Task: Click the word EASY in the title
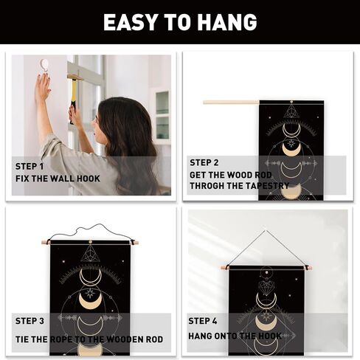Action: pyautogui.click(x=130, y=22)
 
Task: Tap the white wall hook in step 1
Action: pyautogui.click(x=45, y=65)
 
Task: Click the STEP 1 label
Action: pyautogui.click(x=30, y=167)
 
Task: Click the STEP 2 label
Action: pyautogui.click(x=204, y=162)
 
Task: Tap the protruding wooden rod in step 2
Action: pyautogui.click(x=231, y=102)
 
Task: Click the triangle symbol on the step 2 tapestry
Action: pyautogui.click(x=291, y=111)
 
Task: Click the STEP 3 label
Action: pyautogui.click(x=30, y=321)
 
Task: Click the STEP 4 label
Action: pyautogui.click(x=203, y=321)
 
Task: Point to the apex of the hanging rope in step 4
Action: pyautogui.click(x=265, y=231)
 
